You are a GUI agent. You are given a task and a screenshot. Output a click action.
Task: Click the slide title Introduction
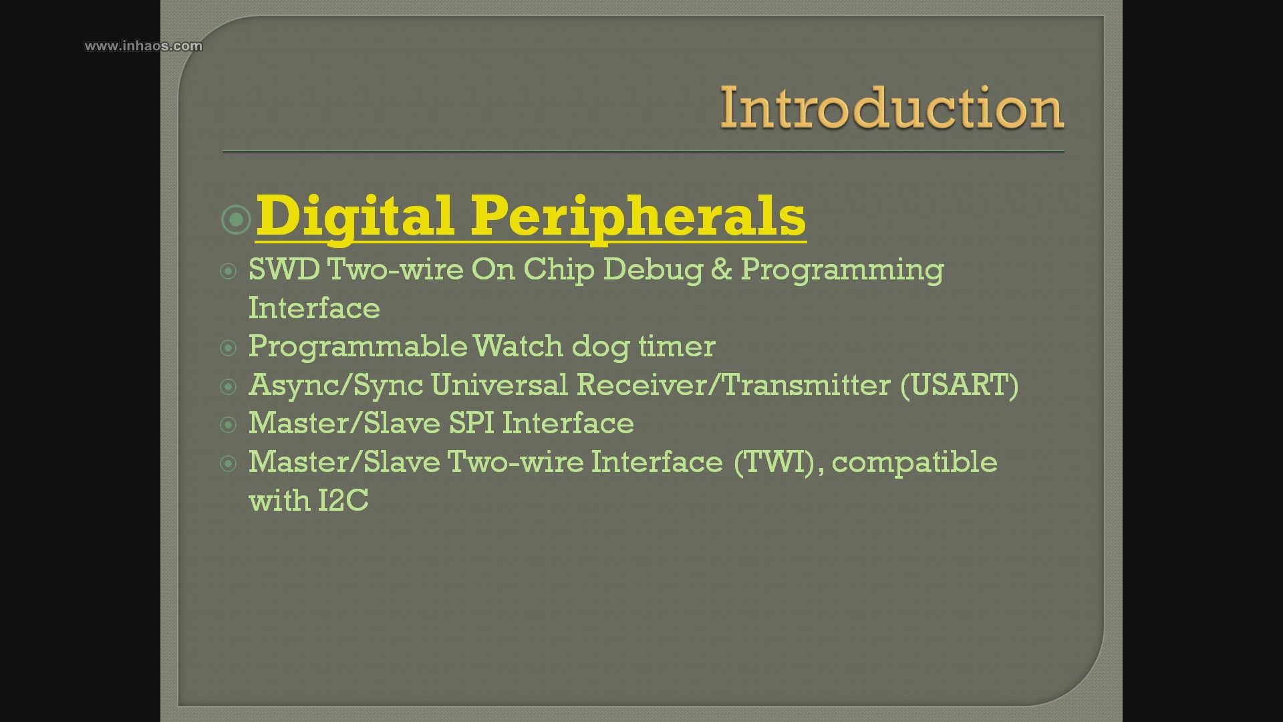pyautogui.click(x=891, y=108)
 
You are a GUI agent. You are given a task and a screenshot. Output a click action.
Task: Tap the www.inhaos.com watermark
pyautogui.click(x=143, y=45)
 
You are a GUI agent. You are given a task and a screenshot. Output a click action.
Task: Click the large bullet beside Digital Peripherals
pyautogui.click(x=236, y=219)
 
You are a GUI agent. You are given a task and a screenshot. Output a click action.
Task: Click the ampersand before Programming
pyautogui.click(x=722, y=269)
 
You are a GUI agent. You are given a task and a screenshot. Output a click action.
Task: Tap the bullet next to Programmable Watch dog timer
pyautogui.click(x=229, y=348)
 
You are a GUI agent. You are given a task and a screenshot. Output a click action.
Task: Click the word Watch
pyautogui.click(x=518, y=346)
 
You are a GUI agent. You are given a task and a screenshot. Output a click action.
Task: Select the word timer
pyautogui.click(x=676, y=346)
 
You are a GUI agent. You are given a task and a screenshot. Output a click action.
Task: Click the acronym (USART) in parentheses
pyautogui.click(x=960, y=385)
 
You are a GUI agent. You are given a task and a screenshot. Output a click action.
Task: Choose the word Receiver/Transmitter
pyautogui.click(x=734, y=385)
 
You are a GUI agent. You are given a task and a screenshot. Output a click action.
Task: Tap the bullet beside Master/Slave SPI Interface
pyautogui.click(x=229, y=425)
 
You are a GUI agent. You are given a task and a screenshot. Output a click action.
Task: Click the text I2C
pyautogui.click(x=343, y=500)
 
